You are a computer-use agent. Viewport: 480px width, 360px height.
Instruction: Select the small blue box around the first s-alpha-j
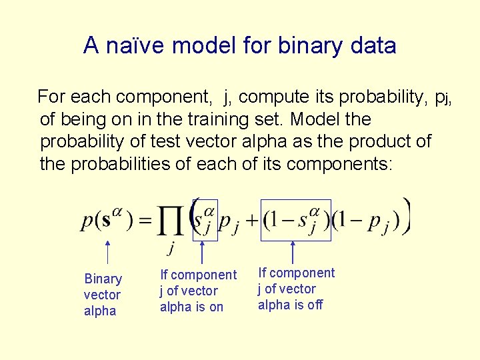pyautogui.click(x=205, y=219)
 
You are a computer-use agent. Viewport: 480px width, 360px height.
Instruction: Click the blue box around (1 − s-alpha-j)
pyautogui.click(x=296, y=219)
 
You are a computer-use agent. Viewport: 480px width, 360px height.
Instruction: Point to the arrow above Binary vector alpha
pyautogui.click(x=108, y=253)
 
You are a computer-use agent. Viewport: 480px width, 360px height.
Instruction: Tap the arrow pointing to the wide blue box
pyautogui.click(x=293, y=253)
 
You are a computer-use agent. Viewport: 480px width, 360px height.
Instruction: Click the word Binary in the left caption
pyautogui.click(x=103, y=279)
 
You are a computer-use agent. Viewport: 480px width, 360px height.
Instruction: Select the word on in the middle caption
pyautogui.click(x=216, y=307)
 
